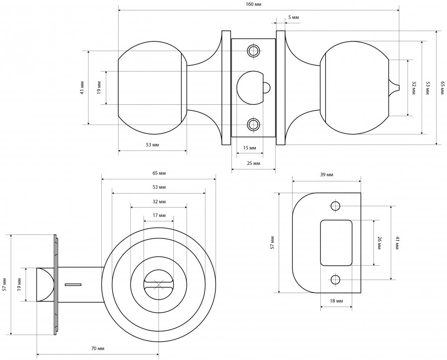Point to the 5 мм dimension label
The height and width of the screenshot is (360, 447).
(x=294, y=18)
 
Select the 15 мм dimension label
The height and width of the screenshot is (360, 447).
(x=250, y=148)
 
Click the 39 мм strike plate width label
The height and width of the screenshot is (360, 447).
(x=326, y=175)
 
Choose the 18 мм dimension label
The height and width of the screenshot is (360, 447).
(x=336, y=301)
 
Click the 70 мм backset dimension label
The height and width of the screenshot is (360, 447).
(x=97, y=348)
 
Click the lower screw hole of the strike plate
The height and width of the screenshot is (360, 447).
(x=336, y=280)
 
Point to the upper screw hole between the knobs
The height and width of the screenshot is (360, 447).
(x=254, y=51)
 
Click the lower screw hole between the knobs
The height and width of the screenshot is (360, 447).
(x=254, y=124)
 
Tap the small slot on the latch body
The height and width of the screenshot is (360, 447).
(x=73, y=285)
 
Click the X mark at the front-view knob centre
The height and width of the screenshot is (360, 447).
(x=159, y=285)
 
